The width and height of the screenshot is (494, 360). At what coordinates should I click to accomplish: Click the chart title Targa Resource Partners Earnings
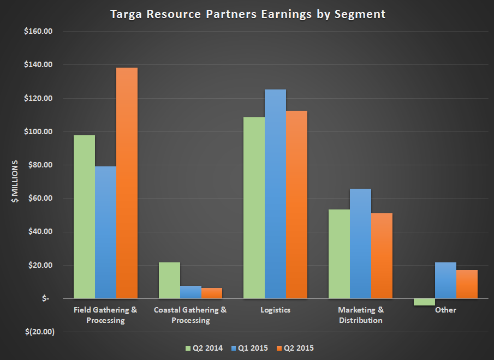click(246, 14)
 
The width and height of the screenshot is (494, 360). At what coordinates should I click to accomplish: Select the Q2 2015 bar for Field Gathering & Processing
click(127, 183)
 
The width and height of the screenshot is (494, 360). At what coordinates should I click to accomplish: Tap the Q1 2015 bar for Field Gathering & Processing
click(105, 232)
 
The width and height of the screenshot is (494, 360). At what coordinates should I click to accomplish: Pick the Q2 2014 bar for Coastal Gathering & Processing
click(169, 280)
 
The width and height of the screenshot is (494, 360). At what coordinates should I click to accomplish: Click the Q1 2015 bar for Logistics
click(276, 194)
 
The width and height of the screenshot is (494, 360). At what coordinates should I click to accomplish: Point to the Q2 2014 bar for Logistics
click(254, 208)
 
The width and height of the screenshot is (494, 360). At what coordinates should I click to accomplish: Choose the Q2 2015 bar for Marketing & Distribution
click(382, 256)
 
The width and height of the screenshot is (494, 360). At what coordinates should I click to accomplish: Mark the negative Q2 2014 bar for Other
click(424, 302)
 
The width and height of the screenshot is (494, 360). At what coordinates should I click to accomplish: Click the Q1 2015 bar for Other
click(445, 280)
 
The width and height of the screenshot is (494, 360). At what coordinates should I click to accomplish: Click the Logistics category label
click(276, 310)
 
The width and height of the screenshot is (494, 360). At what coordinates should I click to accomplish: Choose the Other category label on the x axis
click(445, 310)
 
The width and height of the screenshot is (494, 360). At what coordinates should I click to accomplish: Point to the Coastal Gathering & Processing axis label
click(191, 315)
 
